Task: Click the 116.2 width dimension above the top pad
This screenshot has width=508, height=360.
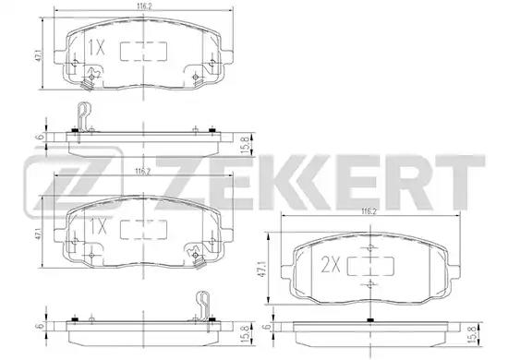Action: click(x=144, y=6)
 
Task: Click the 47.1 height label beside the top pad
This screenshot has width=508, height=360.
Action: click(x=38, y=55)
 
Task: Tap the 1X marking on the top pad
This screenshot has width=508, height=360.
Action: click(x=97, y=48)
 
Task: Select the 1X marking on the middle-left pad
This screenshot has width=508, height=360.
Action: click(x=98, y=227)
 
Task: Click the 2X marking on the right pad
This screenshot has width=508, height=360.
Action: click(x=331, y=265)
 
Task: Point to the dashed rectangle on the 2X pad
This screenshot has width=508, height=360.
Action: click(x=370, y=266)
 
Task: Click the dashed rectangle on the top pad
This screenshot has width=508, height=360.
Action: click(x=143, y=51)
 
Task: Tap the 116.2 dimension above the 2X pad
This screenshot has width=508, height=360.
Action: click(x=369, y=211)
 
